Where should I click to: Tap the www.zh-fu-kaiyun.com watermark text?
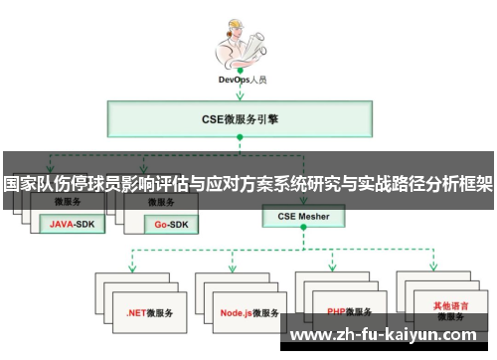coord(392,336)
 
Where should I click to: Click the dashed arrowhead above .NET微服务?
coord(131,268)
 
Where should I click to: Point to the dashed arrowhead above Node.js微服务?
coord(232,268)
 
